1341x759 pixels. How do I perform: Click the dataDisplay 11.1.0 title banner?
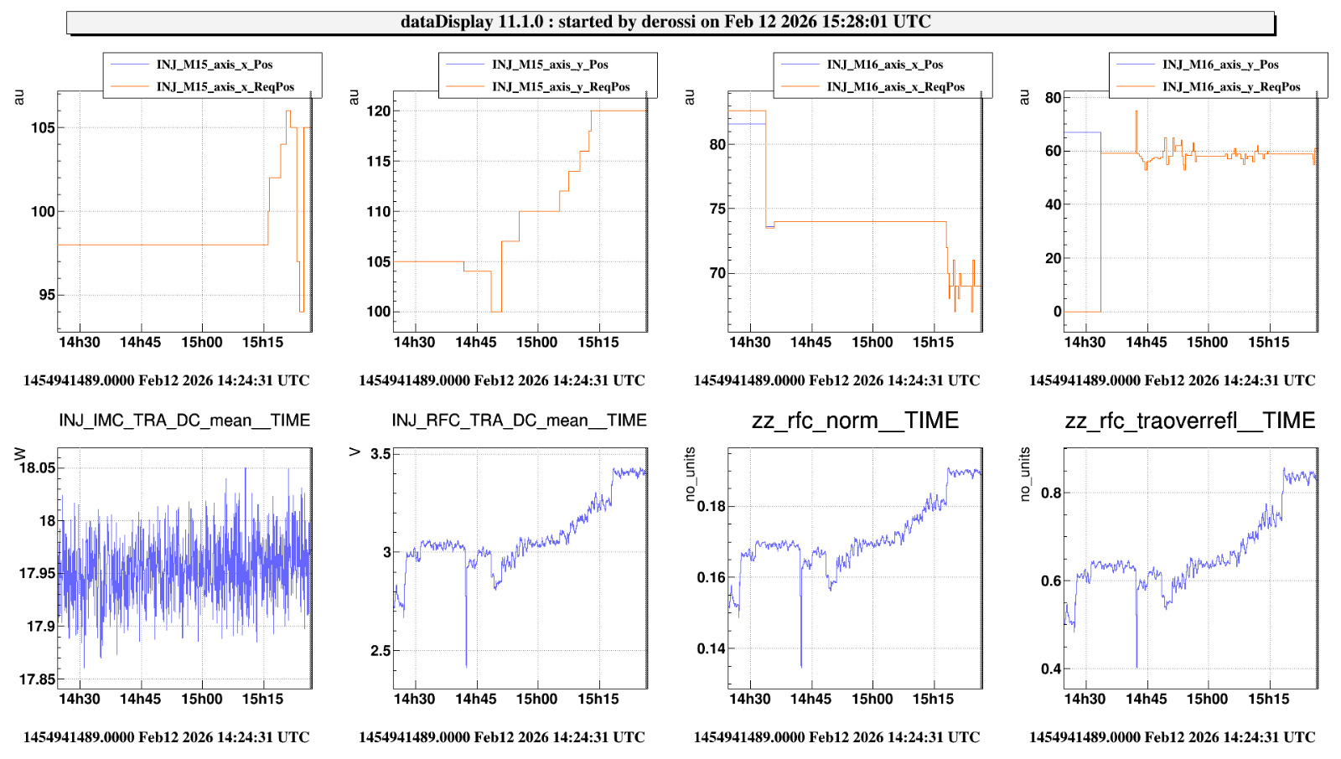tap(670, 22)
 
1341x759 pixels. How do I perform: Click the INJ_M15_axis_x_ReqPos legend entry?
tap(225, 86)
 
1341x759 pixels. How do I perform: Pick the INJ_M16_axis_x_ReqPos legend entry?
tap(895, 86)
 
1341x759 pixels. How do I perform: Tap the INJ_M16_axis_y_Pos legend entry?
tap(1220, 65)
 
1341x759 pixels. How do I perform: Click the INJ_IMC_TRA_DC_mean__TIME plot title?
tap(184, 421)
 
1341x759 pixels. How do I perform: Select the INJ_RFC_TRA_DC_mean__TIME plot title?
tap(519, 421)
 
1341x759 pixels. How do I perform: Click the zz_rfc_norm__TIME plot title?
tap(855, 421)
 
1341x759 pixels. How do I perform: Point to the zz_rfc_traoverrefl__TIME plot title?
tap(1190, 421)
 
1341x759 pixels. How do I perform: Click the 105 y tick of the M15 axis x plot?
tap(43, 128)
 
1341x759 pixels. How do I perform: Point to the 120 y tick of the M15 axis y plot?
tap(379, 111)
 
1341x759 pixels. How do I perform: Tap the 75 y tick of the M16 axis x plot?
tap(717, 209)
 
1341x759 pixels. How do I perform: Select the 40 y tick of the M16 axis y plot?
tap(1053, 204)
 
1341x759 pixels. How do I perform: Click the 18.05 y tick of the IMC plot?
tap(37, 467)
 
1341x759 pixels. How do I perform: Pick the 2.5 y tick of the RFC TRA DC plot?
tap(381, 650)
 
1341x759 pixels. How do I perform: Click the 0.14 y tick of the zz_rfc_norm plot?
tap(711, 648)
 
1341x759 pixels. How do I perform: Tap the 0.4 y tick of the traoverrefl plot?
tap(1051, 669)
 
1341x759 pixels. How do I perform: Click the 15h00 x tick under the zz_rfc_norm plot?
tap(872, 699)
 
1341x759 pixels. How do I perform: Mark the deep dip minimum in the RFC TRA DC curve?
tap(466, 666)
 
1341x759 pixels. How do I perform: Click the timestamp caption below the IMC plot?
tap(166, 737)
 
